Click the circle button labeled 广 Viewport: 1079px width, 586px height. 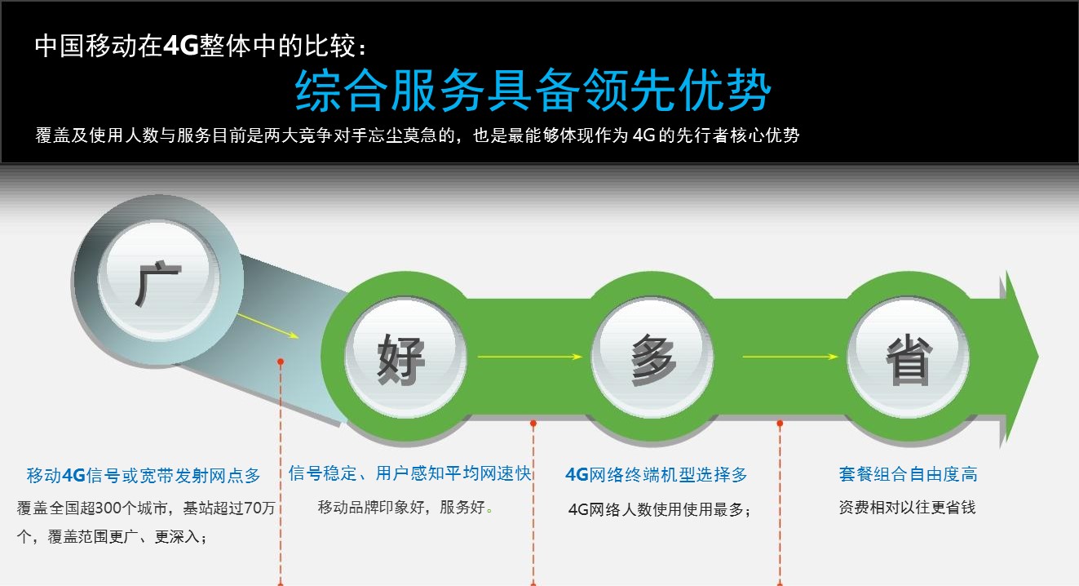click(x=158, y=281)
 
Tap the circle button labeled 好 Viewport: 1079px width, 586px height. click(x=405, y=357)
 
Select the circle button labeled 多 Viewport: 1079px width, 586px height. click(x=652, y=357)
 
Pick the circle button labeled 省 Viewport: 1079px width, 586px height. click(x=908, y=357)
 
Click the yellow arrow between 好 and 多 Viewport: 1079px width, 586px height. click(x=530, y=357)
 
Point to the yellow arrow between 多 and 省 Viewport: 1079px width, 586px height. click(x=790, y=357)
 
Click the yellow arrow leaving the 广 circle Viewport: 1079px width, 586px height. click(x=268, y=326)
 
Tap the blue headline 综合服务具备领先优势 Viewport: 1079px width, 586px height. click(x=533, y=90)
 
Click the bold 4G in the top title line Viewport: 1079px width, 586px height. click(x=180, y=47)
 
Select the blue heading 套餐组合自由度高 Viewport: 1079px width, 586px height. click(x=908, y=474)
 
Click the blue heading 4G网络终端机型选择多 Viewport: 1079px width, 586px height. click(x=656, y=475)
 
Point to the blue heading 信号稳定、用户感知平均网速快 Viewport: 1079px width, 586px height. click(x=409, y=473)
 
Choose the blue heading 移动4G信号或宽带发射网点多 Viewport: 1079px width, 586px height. click(x=144, y=476)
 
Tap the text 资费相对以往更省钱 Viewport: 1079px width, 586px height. click(x=907, y=507)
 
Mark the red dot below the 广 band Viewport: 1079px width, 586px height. click(x=281, y=362)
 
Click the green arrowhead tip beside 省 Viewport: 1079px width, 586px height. click(x=1037, y=357)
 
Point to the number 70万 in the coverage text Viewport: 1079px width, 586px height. click(x=259, y=508)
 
